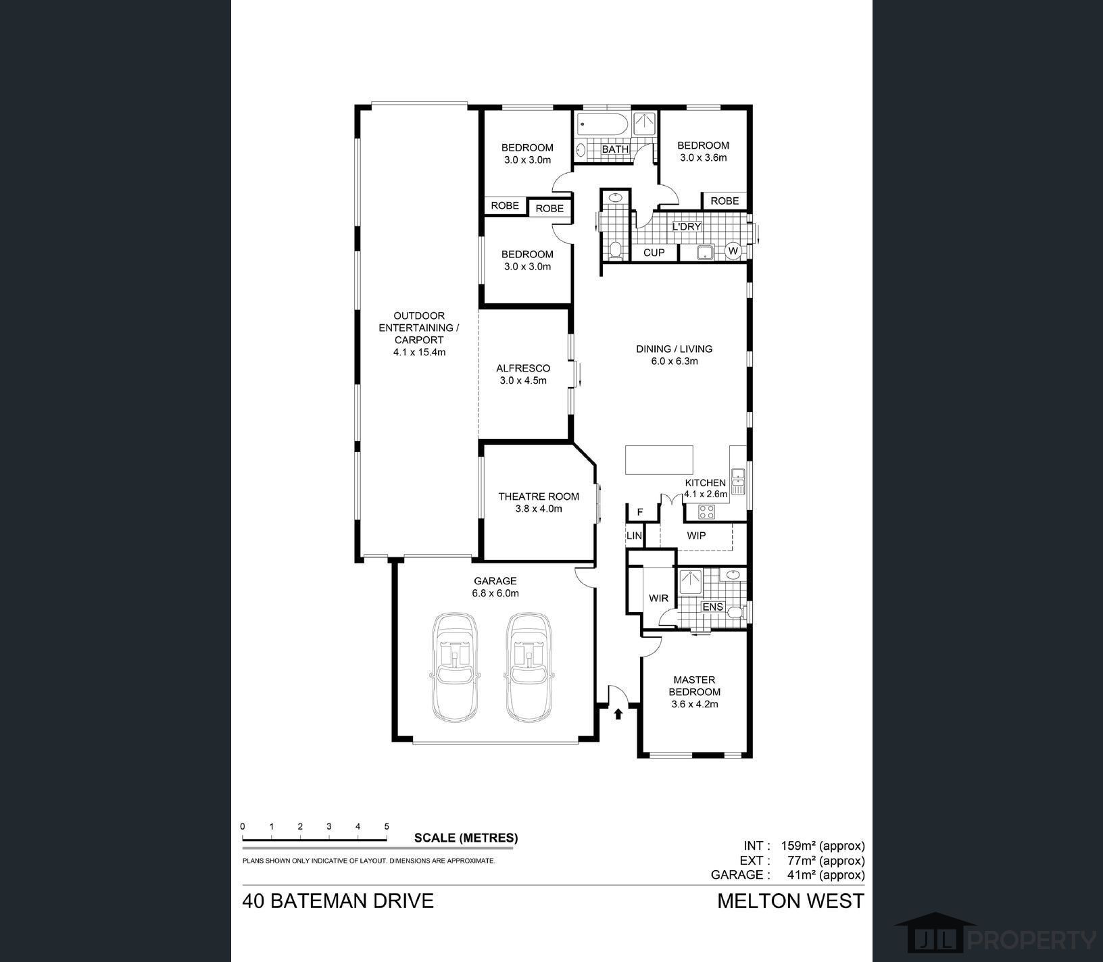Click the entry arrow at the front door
click(618, 714)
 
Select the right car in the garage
click(531, 667)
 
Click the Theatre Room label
click(539, 497)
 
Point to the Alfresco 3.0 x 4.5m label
click(523, 374)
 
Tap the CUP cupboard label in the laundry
click(654, 253)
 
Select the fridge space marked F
click(639, 513)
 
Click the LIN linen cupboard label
click(634, 536)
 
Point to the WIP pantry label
click(696, 536)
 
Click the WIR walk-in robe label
click(658, 599)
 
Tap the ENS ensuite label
click(713, 607)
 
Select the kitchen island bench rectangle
click(660, 460)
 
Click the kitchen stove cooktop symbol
click(706, 511)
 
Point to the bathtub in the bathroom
click(602, 126)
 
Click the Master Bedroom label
click(695, 686)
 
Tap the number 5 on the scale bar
click(387, 826)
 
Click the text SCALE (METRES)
click(466, 838)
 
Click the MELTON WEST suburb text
click(791, 901)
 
